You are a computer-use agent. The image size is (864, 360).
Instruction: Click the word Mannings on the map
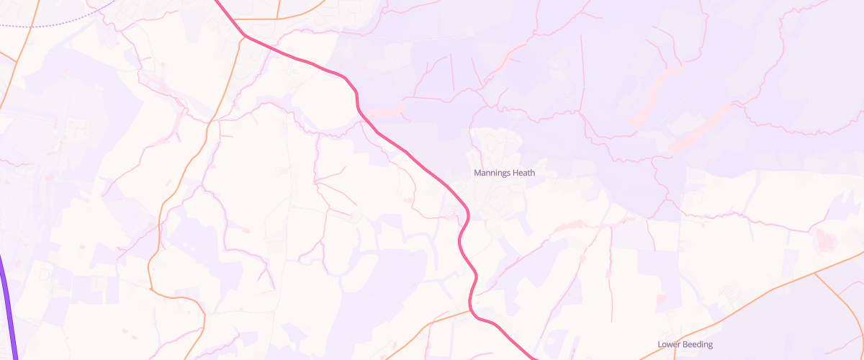(x=492, y=174)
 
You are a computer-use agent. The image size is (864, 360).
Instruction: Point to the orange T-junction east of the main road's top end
(x=278, y=19)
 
